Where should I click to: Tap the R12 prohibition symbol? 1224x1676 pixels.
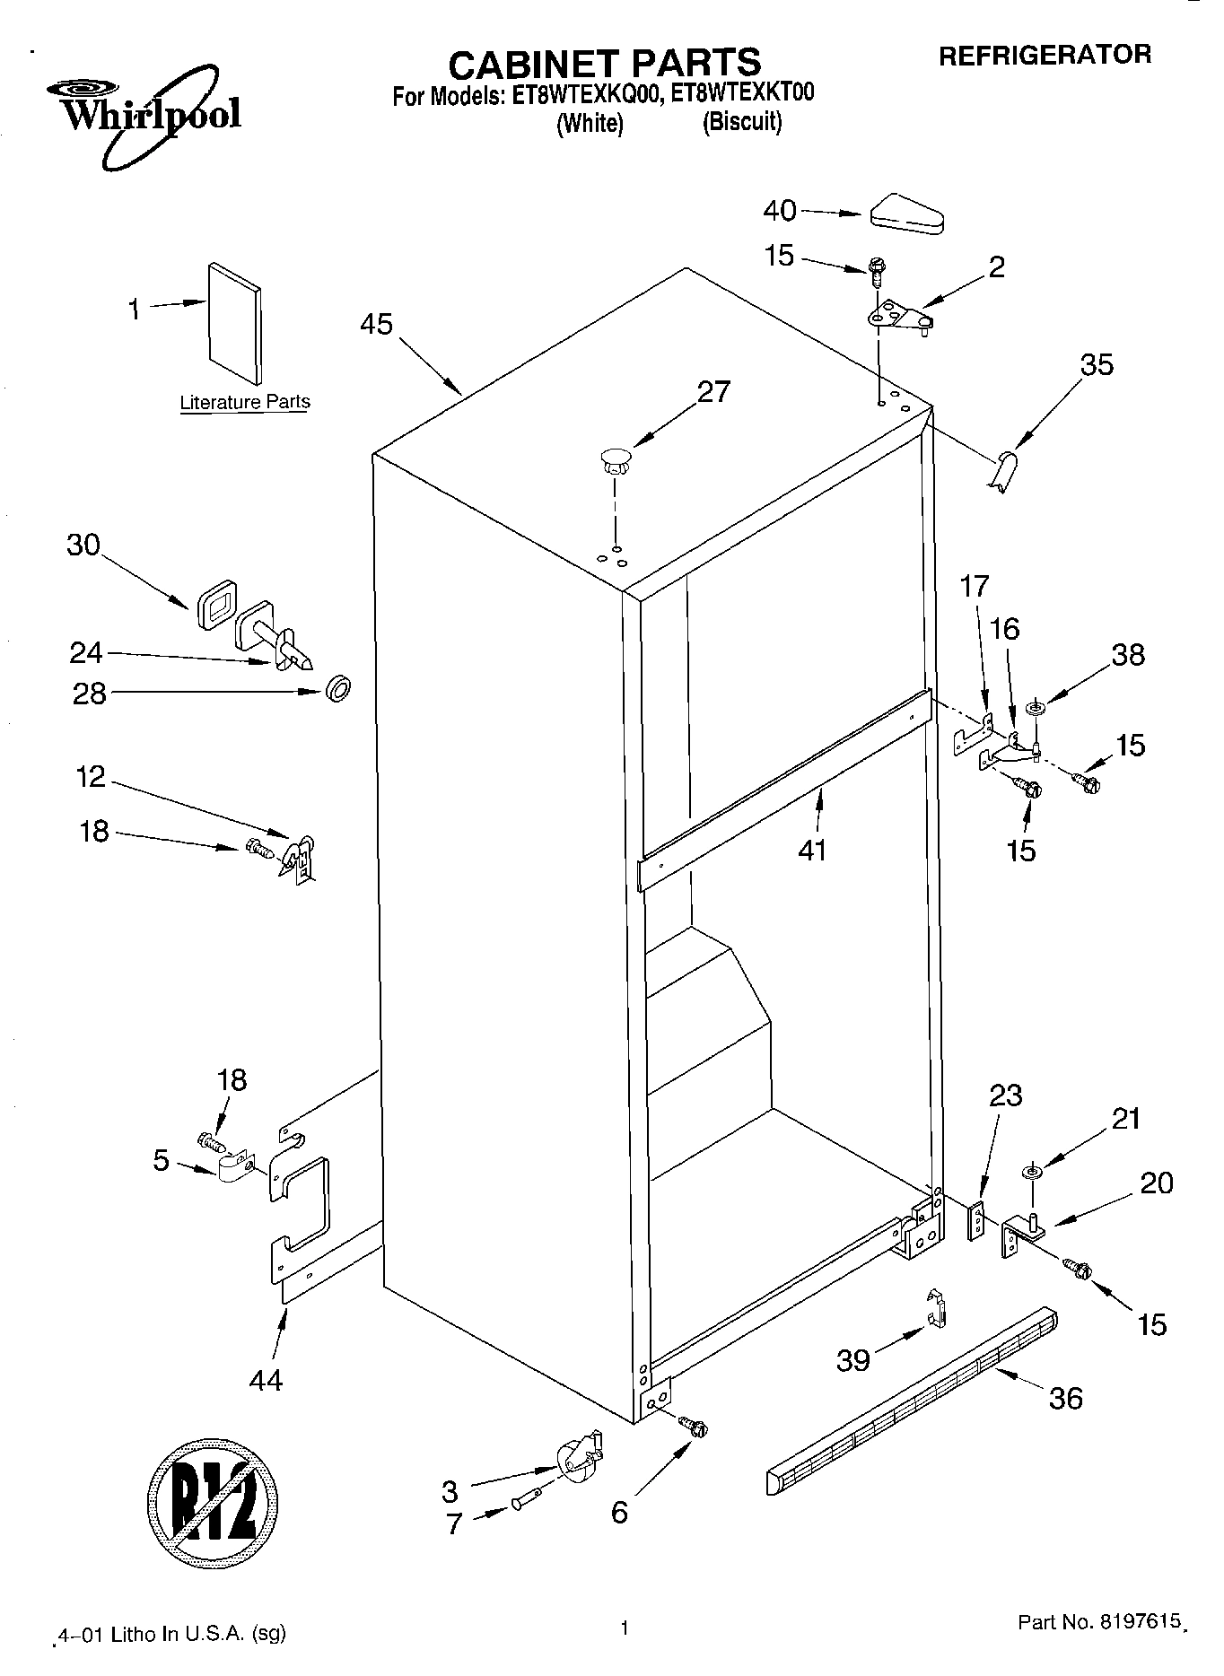coord(212,1501)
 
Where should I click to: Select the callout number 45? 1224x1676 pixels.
coord(376,325)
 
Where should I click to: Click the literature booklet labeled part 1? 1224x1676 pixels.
coord(235,324)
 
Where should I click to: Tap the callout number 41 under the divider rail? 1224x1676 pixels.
coord(812,850)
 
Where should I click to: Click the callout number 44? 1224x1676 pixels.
coord(267,1380)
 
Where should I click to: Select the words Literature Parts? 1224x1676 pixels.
coord(244,402)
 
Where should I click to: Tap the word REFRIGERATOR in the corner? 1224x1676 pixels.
coord(1045,56)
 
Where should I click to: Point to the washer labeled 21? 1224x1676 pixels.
coord(1031,1171)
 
